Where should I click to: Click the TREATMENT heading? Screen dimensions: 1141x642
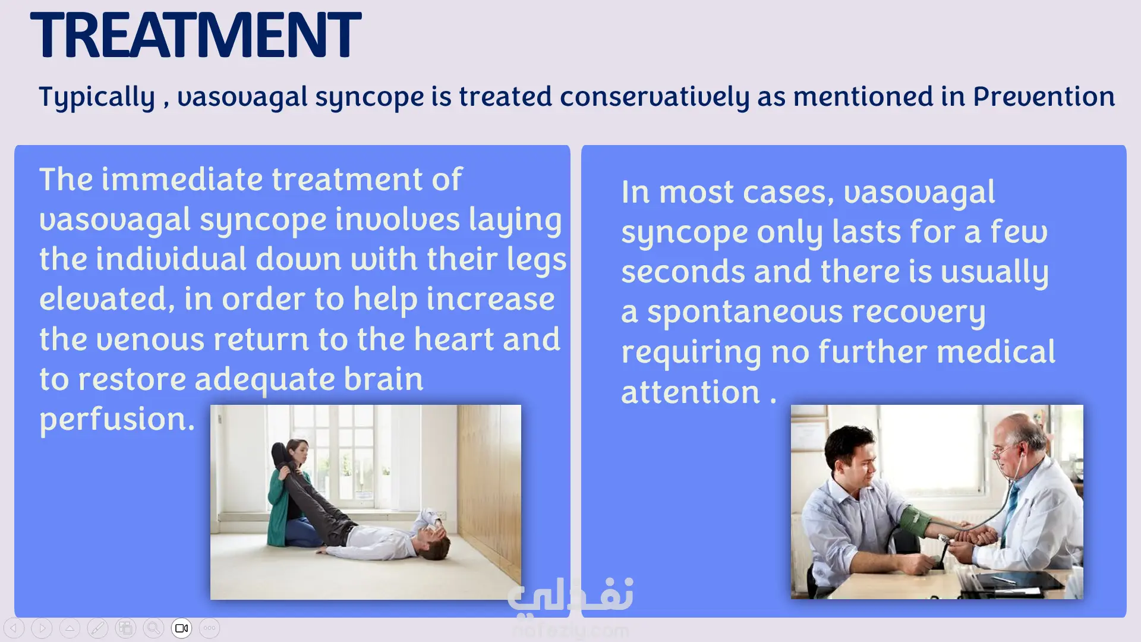[196, 36]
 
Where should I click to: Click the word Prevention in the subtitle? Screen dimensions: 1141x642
[1044, 96]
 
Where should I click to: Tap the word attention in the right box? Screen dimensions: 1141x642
[691, 392]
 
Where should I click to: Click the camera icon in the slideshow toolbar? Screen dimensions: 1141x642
[182, 628]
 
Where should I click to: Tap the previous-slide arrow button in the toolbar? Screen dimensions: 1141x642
[14, 628]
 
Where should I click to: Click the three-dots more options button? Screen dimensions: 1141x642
[210, 628]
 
